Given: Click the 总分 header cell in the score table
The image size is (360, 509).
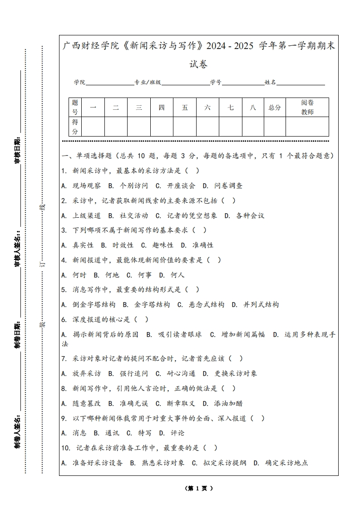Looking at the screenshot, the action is (275, 108).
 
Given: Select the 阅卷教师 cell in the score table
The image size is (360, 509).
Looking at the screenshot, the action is (307, 108).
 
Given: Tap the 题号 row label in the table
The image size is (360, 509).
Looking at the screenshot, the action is (75, 108).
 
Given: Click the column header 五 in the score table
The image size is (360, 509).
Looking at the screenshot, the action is (185, 108).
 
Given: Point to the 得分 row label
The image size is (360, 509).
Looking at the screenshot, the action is (75, 127).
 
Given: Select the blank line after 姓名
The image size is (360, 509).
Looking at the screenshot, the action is (301, 83).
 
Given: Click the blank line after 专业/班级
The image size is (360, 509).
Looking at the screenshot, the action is (185, 83).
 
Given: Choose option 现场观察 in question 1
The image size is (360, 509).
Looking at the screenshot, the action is (87, 186).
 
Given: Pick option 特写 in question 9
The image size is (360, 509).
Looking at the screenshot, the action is (145, 433).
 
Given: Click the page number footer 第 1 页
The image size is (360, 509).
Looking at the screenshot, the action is (199, 489).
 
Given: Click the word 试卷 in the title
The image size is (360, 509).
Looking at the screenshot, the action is (198, 64).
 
